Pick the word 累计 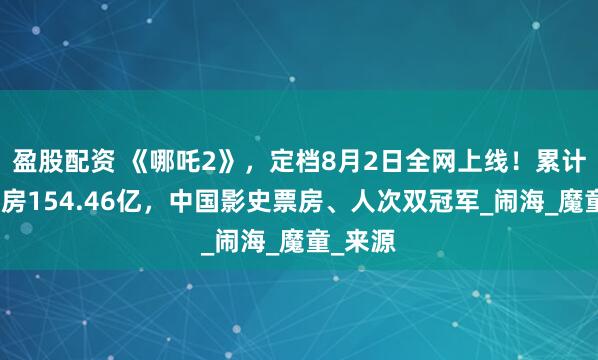(556, 158)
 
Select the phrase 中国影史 (221, 199)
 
